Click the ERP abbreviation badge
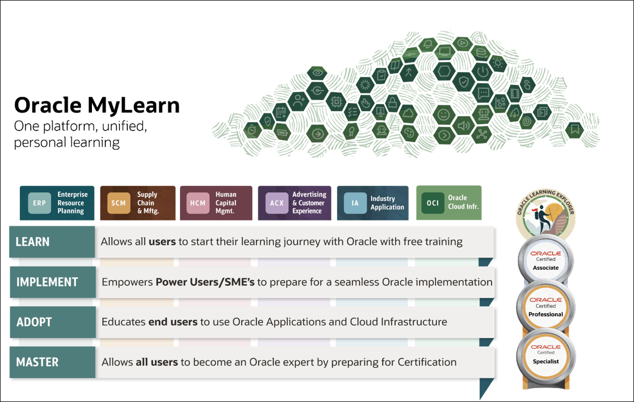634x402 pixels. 39,203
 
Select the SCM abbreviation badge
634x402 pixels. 118,203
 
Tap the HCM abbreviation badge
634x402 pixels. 198,203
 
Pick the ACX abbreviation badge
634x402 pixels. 276,203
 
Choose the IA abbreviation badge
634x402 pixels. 355,203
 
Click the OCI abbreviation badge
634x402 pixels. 432,203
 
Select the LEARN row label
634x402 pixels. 33,242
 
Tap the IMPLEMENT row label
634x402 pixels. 47,282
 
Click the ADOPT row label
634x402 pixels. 34,322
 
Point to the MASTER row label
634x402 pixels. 37,362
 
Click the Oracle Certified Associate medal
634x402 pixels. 545,260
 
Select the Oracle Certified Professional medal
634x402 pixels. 546,307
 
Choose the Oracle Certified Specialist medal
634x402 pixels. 546,354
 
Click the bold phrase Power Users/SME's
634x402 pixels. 205,282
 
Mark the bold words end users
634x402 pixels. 173,322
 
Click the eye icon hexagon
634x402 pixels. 317,73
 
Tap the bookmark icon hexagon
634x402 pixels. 575,129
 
